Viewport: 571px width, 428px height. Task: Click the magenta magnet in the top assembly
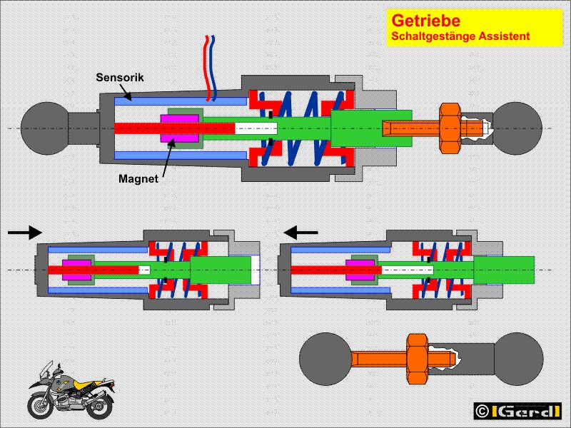pyautogui.click(x=180, y=127)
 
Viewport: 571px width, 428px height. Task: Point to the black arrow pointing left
pyautogui.click(x=301, y=231)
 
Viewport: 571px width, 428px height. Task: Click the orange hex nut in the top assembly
pyautogui.click(x=450, y=126)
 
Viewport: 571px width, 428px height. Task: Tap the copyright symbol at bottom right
pyautogui.click(x=482, y=411)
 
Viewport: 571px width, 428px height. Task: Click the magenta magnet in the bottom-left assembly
pyautogui.click(x=73, y=270)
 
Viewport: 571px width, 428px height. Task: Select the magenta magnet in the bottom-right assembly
pyautogui.click(x=358, y=270)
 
